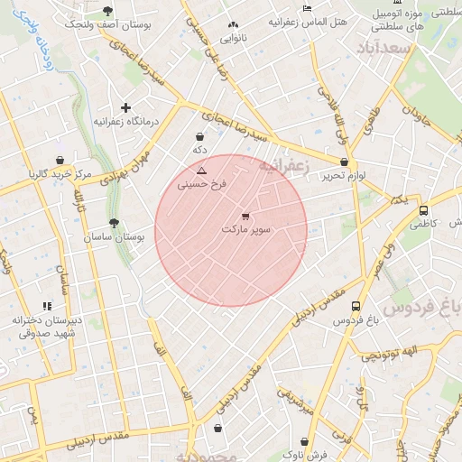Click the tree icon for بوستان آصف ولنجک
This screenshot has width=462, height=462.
coord(108,11)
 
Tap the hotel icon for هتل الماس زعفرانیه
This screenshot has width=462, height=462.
coord(307,8)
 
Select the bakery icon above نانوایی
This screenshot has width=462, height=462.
coord(234,24)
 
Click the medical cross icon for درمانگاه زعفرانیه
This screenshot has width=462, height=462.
coord(126,107)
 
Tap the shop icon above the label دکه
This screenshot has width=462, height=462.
coord(199,136)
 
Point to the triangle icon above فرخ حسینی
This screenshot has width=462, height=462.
coord(201,170)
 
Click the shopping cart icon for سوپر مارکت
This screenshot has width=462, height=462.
coord(245,216)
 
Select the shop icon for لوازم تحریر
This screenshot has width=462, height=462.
coord(344,162)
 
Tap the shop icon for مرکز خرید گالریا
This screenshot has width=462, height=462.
coord(60,160)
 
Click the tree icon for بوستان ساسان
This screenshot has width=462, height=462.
coord(113,223)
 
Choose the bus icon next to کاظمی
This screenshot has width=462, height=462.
coord(423,209)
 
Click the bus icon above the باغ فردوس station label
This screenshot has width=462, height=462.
coord(356,307)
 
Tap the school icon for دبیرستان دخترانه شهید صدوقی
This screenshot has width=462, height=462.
coord(47,307)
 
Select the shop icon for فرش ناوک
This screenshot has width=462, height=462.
coord(305,442)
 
